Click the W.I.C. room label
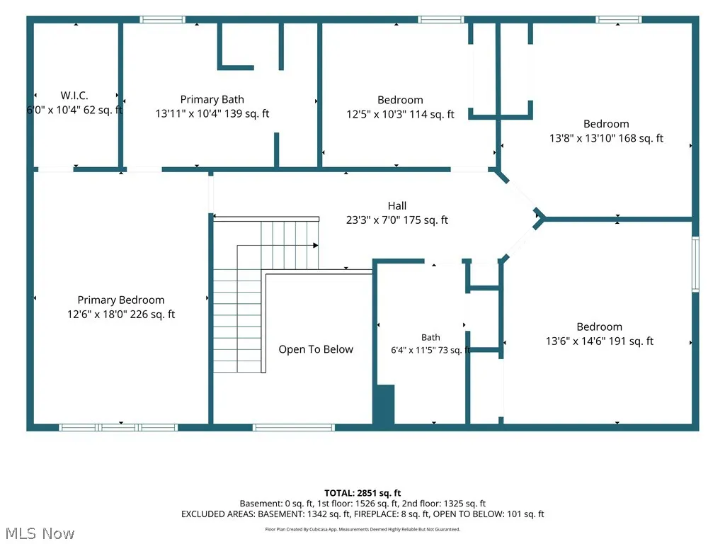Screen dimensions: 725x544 click(74, 96)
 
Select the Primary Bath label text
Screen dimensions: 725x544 click(212, 99)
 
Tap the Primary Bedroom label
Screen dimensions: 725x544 click(121, 300)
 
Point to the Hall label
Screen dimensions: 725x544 click(397, 206)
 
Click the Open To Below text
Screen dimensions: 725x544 click(316, 349)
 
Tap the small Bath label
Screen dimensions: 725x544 click(430, 338)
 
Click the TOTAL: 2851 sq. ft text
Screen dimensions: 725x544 click(362, 493)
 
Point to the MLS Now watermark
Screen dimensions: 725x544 click(40, 533)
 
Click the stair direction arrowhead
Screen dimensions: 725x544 click(316, 245)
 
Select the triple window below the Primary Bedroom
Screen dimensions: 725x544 click(118, 427)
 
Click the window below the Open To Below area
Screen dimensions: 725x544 click(294, 427)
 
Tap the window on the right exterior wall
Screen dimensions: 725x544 click(695, 264)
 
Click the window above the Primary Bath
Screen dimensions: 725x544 click(162, 19)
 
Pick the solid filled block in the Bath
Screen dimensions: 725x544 click(384, 404)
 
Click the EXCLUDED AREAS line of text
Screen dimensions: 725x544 click(362, 514)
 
